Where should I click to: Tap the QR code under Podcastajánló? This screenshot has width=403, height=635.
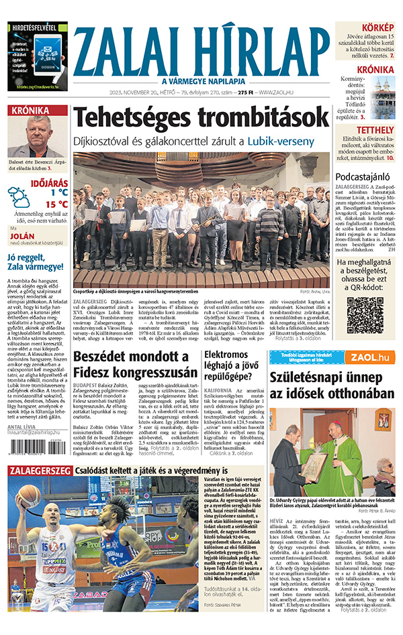coord(365,316)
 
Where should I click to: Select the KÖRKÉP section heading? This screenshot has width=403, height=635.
coord(378,27)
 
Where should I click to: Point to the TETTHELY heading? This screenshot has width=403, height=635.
coord(375,129)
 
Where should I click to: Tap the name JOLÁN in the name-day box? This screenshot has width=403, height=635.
coord(22,237)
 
